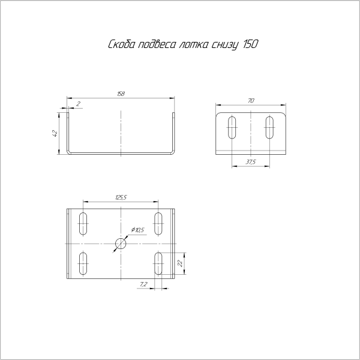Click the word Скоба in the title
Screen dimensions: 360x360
coord(121,44)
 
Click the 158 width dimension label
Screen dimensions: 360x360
coord(121,94)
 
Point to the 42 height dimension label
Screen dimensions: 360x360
coord(55,133)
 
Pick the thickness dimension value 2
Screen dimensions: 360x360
coord(78,104)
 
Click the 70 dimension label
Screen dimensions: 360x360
coord(251,101)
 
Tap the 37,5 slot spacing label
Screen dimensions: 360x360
coord(250,162)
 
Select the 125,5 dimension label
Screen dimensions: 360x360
coord(121,197)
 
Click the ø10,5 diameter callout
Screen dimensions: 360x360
coord(137,230)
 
